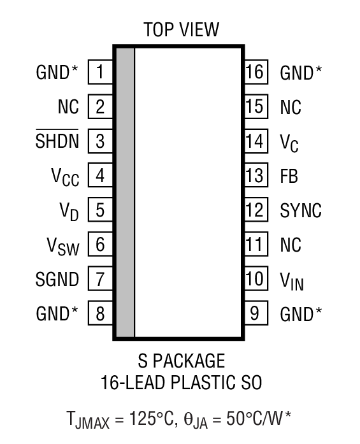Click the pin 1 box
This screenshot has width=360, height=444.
(x=100, y=72)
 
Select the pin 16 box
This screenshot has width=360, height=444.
(x=255, y=72)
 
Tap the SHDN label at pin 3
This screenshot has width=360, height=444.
(x=57, y=141)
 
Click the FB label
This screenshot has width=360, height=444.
(x=289, y=175)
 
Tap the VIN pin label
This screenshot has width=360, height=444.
(x=292, y=280)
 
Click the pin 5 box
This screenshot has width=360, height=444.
(x=100, y=210)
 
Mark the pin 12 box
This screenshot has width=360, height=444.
(x=255, y=210)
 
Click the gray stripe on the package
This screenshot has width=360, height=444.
(x=125, y=191)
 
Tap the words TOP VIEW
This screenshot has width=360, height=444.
(x=180, y=29)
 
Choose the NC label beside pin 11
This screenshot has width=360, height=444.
(x=291, y=245)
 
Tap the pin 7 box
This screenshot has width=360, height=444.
(x=100, y=278)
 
